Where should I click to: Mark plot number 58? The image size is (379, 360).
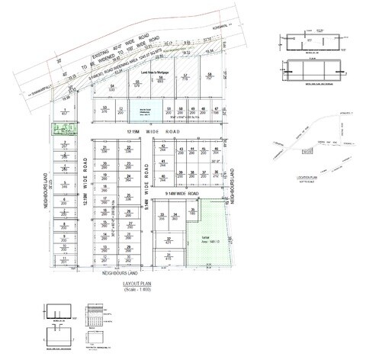(x=209, y=76)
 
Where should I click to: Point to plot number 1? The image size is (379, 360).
(x=66, y=112)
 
